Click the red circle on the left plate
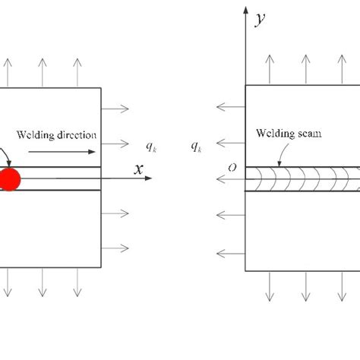[x=10, y=180]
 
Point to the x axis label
[x=138, y=169]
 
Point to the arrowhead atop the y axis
[x=244, y=11]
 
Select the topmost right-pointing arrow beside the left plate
[x=115, y=109]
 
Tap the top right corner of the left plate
[x=101, y=87]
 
